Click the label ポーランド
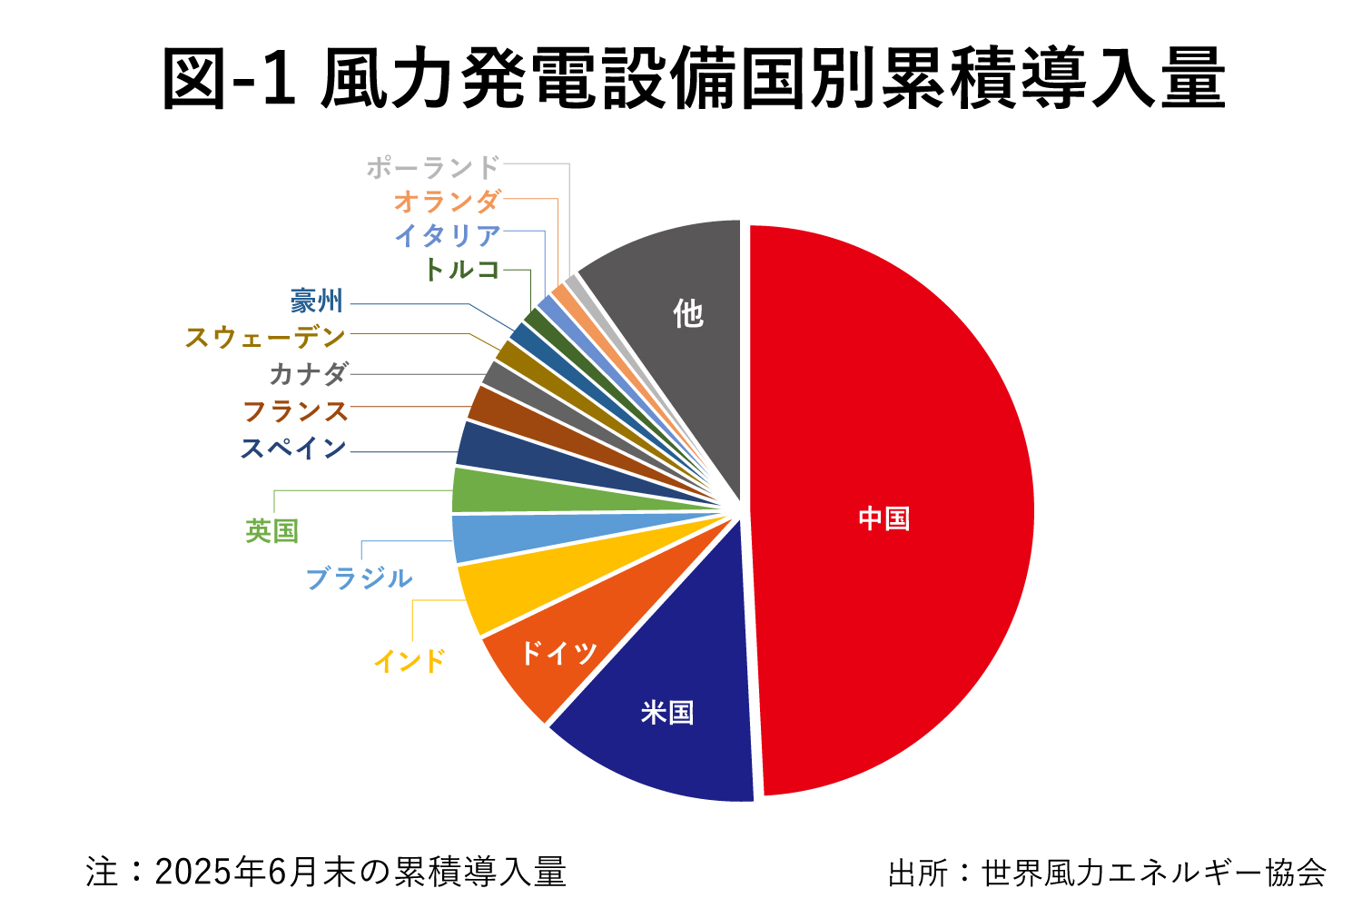point(433,168)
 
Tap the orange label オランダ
point(447,202)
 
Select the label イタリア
point(448,236)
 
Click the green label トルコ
point(462,270)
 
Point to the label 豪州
point(316,302)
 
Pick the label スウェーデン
point(265,338)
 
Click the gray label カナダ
point(309,374)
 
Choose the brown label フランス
point(295,411)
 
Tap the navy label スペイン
point(293,449)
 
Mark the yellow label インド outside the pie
point(410,661)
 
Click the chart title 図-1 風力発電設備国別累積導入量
point(694,80)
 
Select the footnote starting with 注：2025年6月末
point(326,873)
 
